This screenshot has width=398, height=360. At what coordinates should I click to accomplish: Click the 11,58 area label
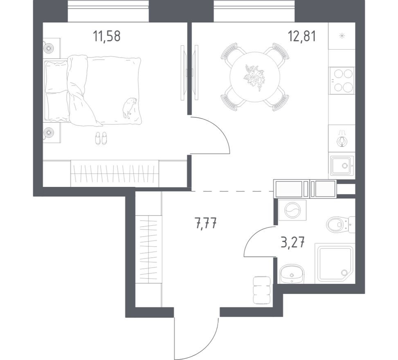pyautogui.click(x=107, y=36)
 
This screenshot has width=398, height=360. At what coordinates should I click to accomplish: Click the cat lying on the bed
pyautogui.click(x=129, y=107)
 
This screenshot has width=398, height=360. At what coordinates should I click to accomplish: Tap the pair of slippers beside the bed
pyautogui.click(x=101, y=138)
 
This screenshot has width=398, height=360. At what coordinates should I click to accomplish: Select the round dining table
pyautogui.click(x=254, y=77)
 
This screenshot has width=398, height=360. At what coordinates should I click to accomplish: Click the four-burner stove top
pyautogui.click(x=342, y=81)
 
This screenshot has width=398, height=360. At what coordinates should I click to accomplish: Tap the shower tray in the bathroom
pyautogui.click(x=335, y=263)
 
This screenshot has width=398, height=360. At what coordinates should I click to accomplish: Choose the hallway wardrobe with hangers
pyautogui.click(x=148, y=250)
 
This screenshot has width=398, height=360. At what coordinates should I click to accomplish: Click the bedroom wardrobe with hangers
pyautogui.click(x=115, y=173)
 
